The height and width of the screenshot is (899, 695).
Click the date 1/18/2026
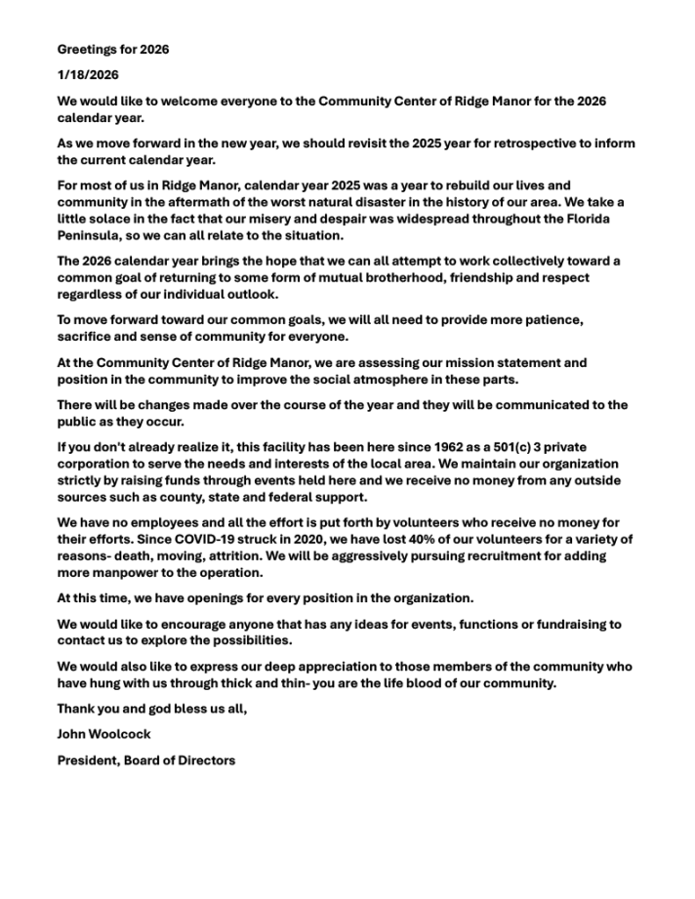[88, 75]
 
